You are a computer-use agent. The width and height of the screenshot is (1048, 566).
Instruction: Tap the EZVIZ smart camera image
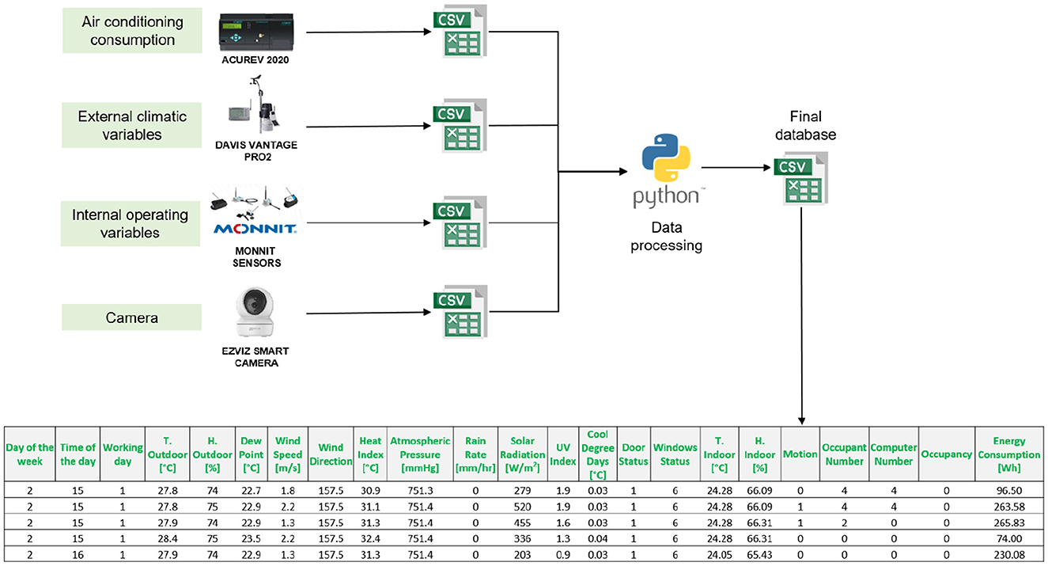[x=255, y=312]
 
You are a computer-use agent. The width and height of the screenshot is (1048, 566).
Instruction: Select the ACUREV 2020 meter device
[x=256, y=32]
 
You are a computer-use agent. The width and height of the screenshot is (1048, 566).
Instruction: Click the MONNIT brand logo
[x=255, y=229]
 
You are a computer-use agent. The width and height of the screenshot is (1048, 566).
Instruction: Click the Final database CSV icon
[x=801, y=178]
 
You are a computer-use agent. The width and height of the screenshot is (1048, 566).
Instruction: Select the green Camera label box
[x=131, y=317]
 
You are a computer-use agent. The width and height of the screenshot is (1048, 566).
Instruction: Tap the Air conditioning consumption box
[x=132, y=30]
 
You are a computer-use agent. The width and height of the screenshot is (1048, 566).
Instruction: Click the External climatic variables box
[x=132, y=125]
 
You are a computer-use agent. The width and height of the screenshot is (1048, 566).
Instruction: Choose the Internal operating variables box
[x=130, y=224]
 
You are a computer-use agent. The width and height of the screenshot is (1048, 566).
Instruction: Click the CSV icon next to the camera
[x=460, y=312]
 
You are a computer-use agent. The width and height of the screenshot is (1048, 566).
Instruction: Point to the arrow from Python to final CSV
[x=736, y=167]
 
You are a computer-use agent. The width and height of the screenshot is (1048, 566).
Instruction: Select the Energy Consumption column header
[x=1009, y=454]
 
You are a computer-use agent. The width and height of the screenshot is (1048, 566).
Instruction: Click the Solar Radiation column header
[x=523, y=454]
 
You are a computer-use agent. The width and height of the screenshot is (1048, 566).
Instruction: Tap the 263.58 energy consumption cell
[x=1009, y=507]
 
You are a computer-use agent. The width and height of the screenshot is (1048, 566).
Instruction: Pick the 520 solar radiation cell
[x=523, y=507]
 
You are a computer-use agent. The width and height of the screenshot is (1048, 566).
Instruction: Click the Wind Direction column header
[x=331, y=454]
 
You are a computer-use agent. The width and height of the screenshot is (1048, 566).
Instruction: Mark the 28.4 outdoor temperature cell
[x=168, y=538]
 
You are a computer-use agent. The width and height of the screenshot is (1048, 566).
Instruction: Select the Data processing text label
[x=666, y=237]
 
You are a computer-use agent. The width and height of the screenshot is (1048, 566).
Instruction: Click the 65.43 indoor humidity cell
[x=760, y=555]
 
